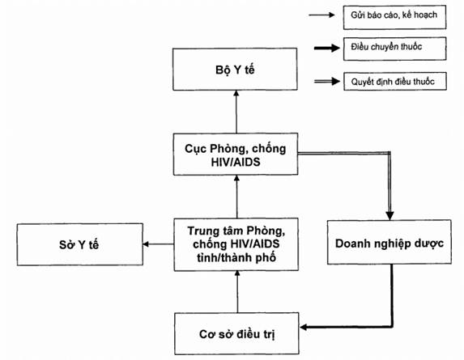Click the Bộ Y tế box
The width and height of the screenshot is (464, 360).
(x=235, y=69)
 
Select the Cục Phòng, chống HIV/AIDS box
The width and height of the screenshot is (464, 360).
(x=236, y=154)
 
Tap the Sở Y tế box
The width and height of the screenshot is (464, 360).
(x=80, y=244)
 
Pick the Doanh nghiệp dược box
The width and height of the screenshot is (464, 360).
(x=390, y=242)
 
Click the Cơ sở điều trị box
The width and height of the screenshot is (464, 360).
(x=236, y=333)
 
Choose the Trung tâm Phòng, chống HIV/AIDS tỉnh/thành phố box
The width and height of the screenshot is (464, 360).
(x=236, y=244)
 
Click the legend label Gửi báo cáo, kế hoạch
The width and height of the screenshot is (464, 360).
(x=394, y=15)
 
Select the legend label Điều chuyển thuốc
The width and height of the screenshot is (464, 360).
(x=386, y=47)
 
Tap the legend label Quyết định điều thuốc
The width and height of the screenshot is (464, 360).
(x=393, y=82)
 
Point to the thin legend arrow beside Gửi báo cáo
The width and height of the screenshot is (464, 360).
(x=321, y=15)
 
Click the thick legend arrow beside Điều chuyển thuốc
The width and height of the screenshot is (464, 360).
(x=327, y=48)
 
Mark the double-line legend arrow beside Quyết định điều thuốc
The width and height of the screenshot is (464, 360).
(x=327, y=81)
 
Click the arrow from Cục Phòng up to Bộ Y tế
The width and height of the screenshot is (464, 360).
(x=236, y=112)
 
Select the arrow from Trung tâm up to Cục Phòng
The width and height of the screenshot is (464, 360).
(x=236, y=197)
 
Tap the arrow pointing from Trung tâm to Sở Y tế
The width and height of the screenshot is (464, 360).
(x=159, y=244)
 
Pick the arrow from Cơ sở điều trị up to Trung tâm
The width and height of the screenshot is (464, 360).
(x=237, y=292)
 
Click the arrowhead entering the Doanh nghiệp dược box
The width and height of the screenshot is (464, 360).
(x=390, y=216)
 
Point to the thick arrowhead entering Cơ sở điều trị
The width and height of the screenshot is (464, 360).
(x=304, y=327)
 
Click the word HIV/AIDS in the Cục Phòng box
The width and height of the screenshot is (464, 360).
(x=236, y=162)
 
